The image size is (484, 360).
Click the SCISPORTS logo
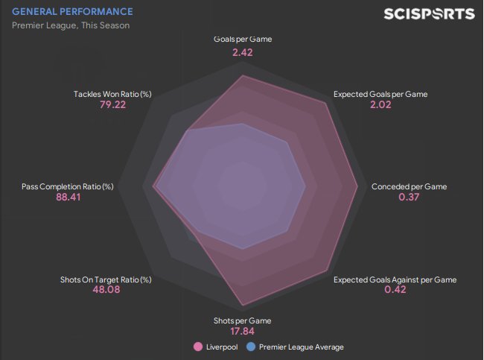pyautogui.click(x=428, y=14)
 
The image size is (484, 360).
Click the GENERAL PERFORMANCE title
pyautogui.click(x=73, y=12)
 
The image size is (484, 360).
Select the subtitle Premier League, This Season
pyautogui.click(x=71, y=25)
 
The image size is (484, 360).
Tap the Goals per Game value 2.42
pyautogui.click(x=243, y=53)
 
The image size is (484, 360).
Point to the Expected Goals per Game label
pyautogui.click(x=380, y=95)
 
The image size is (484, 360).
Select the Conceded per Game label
pyautogui.click(x=409, y=186)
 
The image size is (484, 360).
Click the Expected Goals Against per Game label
pyautogui.click(x=395, y=280)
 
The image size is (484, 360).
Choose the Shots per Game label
pyautogui.click(x=243, y=320)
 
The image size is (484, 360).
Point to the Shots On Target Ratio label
pyautogui.click(x=106, y=280)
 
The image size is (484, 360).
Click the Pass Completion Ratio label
pyautogui.click(x=68, y=186)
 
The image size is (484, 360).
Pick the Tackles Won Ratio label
pyautogui.click(x=112, y=95)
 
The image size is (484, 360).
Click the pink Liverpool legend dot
pyautogui.click(x=198, y=347)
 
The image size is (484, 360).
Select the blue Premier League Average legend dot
pyautogui.click(x=251, y=347)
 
